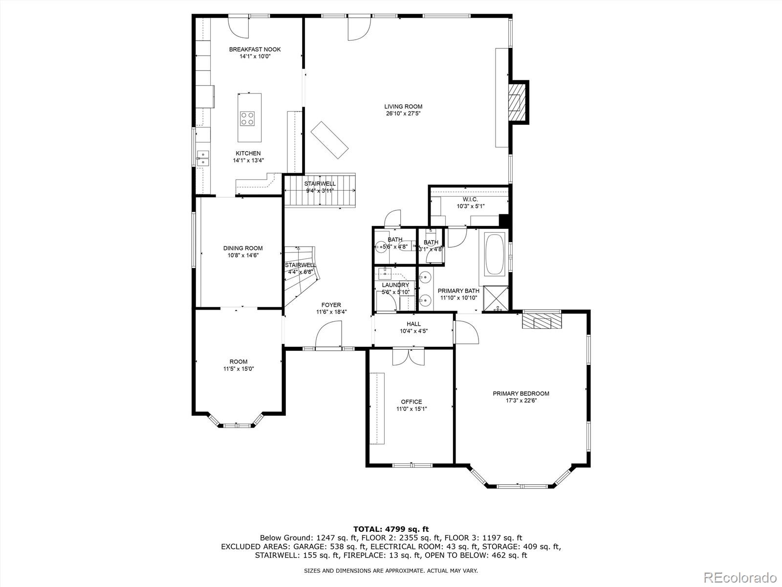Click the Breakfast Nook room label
tap(255, 49)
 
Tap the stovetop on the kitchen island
tap(247, 118)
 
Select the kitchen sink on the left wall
tap(203, 158)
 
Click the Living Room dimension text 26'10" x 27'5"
tap(403, 113)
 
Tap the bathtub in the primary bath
tap(495, 254)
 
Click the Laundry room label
tap(395, 285)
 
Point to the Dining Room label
tap(243, 248)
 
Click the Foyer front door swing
tap(328, 336)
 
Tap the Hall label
tap(413, 324)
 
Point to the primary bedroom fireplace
tap(542, 321)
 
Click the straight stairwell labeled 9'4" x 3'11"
tap(320, 191)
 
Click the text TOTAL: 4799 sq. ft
tap(391, 529)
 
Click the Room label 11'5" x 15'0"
tap(239, 362)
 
